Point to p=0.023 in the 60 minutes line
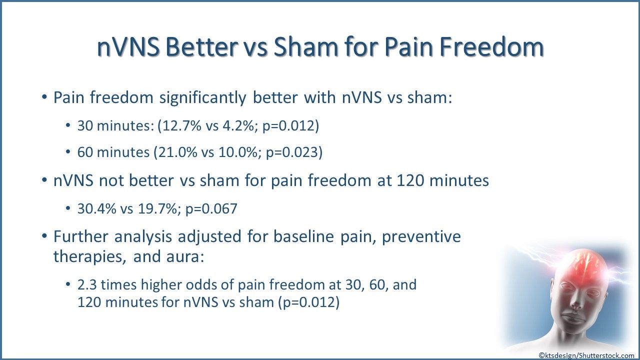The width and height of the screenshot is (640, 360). [291, 152]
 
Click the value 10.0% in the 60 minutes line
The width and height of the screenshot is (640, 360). [238, 152]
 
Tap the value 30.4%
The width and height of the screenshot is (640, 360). [97, 208]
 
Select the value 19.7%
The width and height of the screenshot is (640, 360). [157, 208]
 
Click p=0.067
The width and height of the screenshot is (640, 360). [211, 209]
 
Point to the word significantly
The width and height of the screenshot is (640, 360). [203, 97]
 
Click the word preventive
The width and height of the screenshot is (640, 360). [421, 237]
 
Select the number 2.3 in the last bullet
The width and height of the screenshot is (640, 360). [85, 285]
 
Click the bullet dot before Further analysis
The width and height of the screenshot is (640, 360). [44, 236]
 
